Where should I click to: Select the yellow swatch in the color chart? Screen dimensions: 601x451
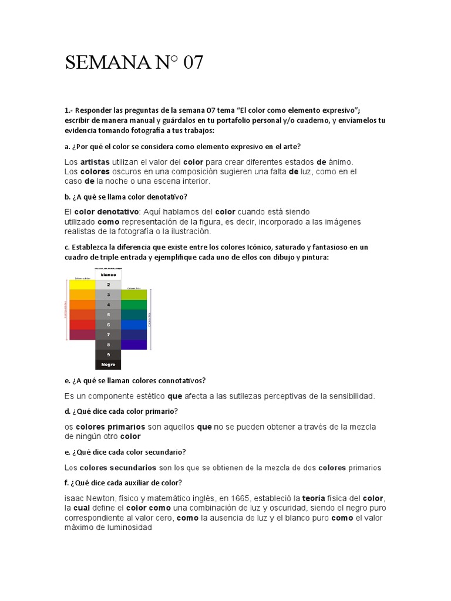point(82,285)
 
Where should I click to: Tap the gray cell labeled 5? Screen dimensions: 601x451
point(108,315)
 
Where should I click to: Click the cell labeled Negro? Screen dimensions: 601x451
point(108,364)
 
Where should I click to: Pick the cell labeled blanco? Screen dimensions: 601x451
point(108,274)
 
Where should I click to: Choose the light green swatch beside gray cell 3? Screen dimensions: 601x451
point(134,295)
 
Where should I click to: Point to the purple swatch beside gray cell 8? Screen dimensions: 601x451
point(134,345)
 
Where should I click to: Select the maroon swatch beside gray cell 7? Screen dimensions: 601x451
point(82,335)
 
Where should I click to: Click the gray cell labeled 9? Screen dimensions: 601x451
point(108,354)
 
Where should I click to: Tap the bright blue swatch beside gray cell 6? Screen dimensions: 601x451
point(134,325)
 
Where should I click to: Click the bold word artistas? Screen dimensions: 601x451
point(95,161)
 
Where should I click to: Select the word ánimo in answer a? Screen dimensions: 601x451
point(341,161)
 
